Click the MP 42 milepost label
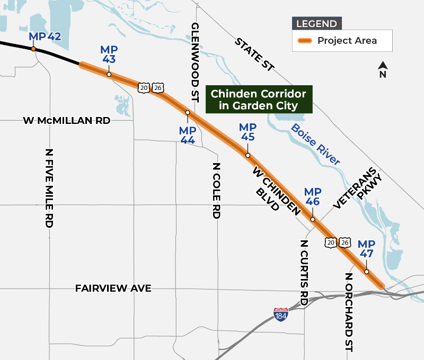(x=46, y=37)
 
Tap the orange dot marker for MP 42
(x=33, y=49)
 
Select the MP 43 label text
(x=109, y=55)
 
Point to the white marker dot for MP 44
(x=187, y=113)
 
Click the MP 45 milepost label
(x=248, y=132)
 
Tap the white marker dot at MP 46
(x=313, y=219)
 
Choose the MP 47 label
(x=366, y=248)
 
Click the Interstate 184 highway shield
(x=281, y=314)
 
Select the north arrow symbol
(x=383, y=68)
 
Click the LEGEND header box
(x=316, y=24)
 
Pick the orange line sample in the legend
(x=305, y=41)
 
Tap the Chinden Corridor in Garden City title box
(x=259, y=100)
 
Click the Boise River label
(x=316, y=144)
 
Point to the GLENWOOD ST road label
(x=195, y=62)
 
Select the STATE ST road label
(x=255, y=54)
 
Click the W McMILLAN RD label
(x=67, y=121)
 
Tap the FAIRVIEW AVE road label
(x=113, y=289)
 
